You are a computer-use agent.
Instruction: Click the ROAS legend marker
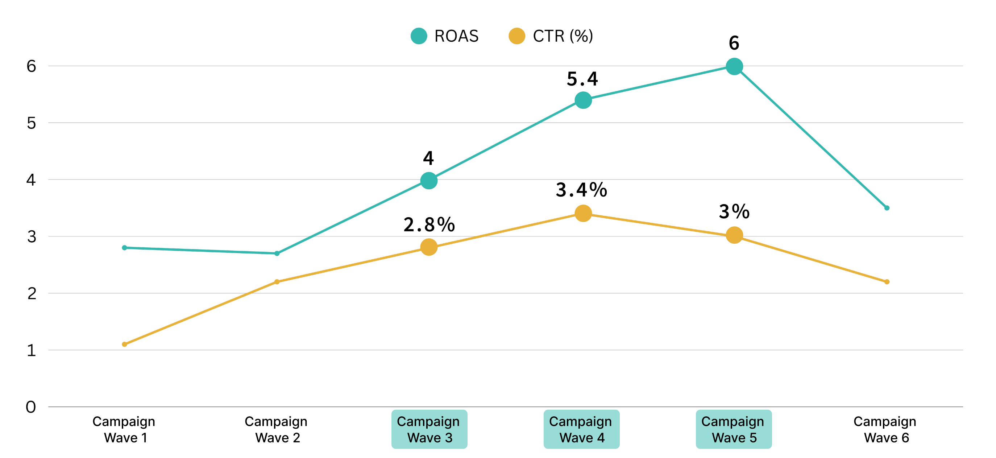point(419,36)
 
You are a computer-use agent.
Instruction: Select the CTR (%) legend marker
point(517,36)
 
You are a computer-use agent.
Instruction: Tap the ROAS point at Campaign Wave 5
point(734,66)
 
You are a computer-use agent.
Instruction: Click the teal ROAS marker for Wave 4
point(583,100)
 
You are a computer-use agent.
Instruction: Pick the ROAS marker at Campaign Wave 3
point(429,181)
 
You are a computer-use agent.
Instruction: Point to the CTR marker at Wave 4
point(583,213)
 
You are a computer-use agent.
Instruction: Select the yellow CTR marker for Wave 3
point(429,247)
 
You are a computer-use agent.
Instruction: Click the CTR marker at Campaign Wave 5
point(734,235)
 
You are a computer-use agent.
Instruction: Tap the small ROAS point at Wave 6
point(887,208)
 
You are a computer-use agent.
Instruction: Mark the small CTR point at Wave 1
point(125,344)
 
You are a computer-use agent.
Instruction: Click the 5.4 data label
point(582,79)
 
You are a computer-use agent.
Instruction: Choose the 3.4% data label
point(581,190)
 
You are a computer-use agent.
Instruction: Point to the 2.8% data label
point(429,225)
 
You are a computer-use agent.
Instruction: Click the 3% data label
point(734,211)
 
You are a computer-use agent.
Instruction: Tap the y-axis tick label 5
point(31,123)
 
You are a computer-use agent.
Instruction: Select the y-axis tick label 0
point(31,407)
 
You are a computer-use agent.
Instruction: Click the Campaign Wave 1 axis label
point(124,429)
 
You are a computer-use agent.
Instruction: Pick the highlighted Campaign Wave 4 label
point(581,429)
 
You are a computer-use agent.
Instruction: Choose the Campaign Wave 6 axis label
point(885,429)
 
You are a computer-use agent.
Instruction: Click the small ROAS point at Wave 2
point(277,253)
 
